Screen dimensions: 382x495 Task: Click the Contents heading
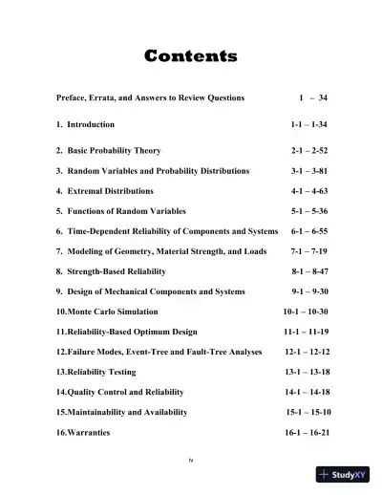tap(191, 56)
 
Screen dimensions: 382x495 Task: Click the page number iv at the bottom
tap(191, 460)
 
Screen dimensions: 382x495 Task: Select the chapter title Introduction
tap(91, 124)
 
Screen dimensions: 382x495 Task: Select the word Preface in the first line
tap(72, 97)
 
